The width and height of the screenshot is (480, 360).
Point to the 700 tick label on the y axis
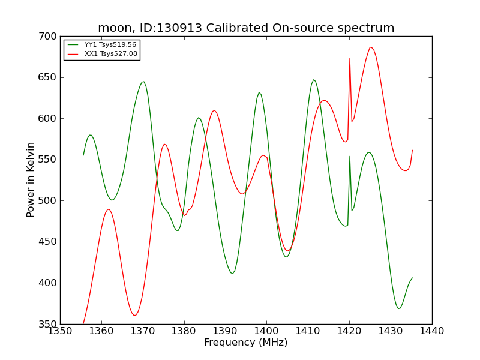(47, 37)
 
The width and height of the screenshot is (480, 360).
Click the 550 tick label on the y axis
(47, 160)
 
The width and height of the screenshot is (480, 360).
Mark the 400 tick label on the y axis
(47, 283)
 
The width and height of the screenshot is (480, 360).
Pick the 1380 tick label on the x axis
(184, 331)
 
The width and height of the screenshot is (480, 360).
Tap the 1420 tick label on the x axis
(349, 331)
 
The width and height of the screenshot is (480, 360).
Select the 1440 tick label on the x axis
(432, 331)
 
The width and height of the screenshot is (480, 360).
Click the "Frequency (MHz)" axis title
(246, 343)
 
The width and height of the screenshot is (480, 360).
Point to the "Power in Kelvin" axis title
(31, 180)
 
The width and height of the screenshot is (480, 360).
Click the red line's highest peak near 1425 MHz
(370, 47)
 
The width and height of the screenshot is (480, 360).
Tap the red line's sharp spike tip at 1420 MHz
(350, 58)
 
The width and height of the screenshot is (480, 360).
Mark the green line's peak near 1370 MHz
(143, 82)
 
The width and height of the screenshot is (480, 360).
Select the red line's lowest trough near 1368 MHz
(134, 316)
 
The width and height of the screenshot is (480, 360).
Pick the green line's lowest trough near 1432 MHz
(398, 308)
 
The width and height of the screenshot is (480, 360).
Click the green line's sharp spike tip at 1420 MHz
(350, 157)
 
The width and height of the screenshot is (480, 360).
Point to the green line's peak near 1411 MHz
(313, 80)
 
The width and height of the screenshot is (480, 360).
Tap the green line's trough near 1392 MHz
(233, 274)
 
